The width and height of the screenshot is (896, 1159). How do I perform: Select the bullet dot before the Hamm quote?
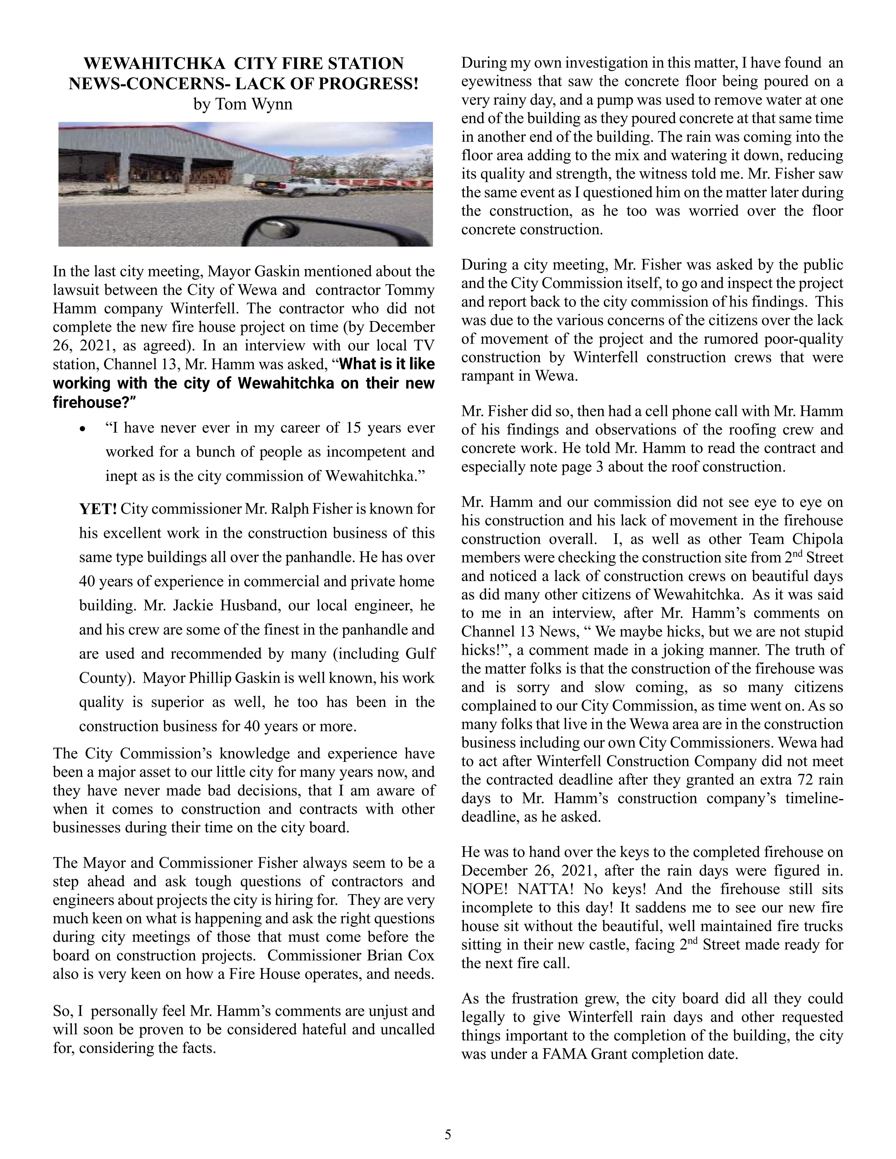coord(82,429)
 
